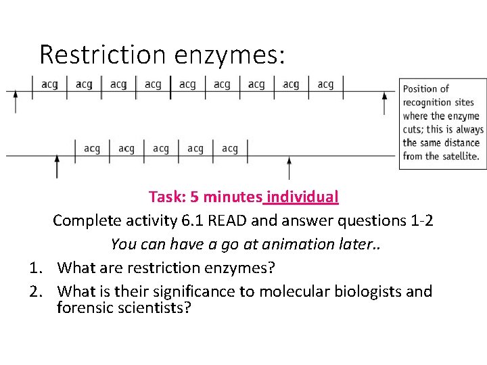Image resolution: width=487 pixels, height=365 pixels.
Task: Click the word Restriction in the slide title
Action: [101, 54]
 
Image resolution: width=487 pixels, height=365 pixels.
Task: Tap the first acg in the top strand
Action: [49, 84]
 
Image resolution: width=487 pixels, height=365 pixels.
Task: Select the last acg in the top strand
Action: [325, 84]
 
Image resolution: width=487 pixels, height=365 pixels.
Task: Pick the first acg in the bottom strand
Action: [92, 149]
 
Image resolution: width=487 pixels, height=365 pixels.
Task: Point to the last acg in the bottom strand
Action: [230, 149]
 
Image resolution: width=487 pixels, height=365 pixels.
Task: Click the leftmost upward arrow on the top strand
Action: [16, 101]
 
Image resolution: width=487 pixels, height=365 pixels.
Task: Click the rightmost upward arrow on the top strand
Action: [385, 102]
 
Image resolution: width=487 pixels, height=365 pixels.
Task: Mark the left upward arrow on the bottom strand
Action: [57, 166]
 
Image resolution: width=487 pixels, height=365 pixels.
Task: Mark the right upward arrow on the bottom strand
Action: [289, 167]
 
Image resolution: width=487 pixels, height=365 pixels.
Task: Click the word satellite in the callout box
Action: [459, 156]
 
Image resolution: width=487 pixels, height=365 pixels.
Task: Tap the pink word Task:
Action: [166, 197]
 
